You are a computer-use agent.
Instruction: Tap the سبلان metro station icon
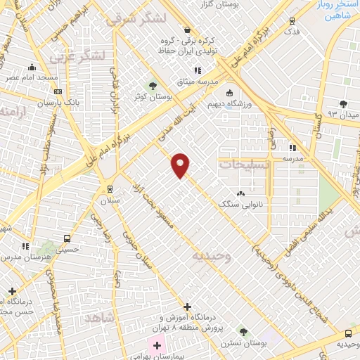tap(109, 188)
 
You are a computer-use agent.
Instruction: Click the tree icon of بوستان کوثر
tap(152, 86)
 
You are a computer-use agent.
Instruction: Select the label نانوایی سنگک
tap(240, 204)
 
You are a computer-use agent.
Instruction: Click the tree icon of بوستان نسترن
tap(243, 331)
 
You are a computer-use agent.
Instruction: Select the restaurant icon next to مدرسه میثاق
tap(198, 70)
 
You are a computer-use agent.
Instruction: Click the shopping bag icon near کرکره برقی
tap(187, 30)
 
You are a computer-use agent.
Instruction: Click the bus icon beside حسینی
tap(67, 238)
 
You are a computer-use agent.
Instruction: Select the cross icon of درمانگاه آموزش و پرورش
tap(187, 307)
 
